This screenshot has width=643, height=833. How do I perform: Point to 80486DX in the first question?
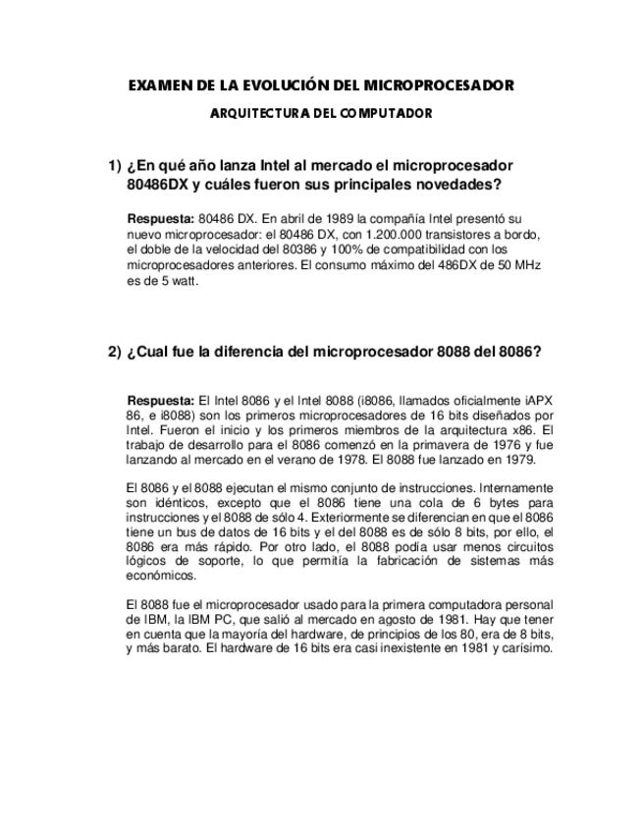coord(159,185)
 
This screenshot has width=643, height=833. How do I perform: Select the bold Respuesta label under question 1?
coord(160,218)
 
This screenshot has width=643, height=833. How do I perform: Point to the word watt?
coord(184,281)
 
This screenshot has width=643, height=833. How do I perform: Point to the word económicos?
coord(159,577)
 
